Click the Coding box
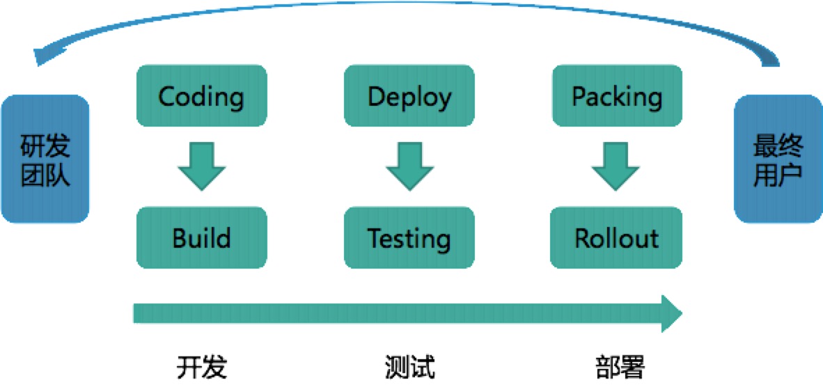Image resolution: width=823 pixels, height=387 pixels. pyautogui.click(x=202, y=96)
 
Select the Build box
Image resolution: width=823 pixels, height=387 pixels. pyautogui.click(x=202, y=237)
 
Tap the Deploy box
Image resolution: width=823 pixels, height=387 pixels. pyautogui.click(x=409, y=96)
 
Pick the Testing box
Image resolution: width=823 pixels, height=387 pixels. pyautogui.click(x=409, y=237)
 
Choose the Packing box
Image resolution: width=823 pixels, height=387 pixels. pyautogui.click(x=616, y=96)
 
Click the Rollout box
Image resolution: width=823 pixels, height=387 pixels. pyautogui.click(x=616, y=237)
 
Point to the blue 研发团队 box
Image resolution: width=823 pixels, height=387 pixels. pyautogui.click(x=45, y=159)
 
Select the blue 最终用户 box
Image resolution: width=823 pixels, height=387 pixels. pyautogui.click(x=778, y=159)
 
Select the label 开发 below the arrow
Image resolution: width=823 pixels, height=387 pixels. pyautogui.click(x=202, y=366)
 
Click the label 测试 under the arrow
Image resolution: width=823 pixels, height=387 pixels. pyautogui.click(x=409, y=366)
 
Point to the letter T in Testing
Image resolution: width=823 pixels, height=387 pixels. pyautogui.click(x=374, y=238)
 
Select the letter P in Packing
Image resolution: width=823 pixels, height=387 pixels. pyautogui.click(x=579, y=97)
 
